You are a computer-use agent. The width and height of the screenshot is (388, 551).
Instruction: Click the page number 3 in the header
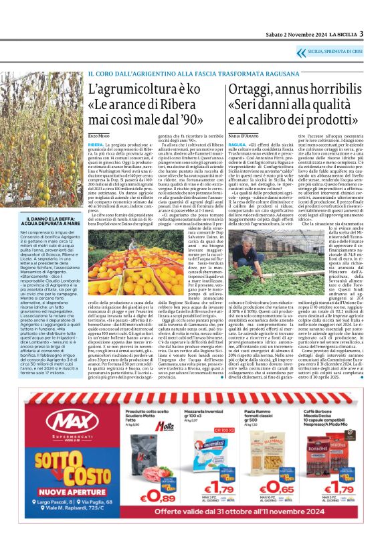coord(361,33)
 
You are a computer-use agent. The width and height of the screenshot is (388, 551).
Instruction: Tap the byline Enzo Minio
coord(98,137)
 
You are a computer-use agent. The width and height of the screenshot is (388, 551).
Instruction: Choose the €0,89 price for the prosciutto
coord(157,496)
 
